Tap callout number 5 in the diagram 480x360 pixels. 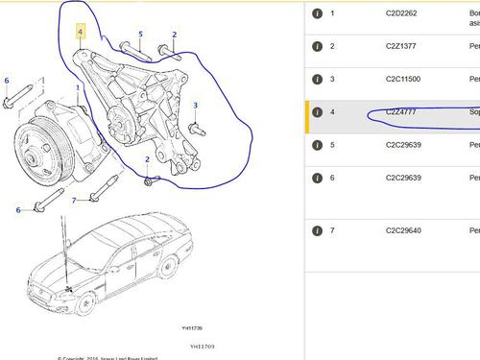pyautogui.click(x=139, y=35)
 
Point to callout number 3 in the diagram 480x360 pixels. pyautogui.click(x=195, y=105)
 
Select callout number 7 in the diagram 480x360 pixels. pyautogui.click(x=74, y=201)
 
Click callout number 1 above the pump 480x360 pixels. pyautogui.click(x=92, y=87)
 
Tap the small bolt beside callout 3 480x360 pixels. pyautogui.click(x=196, y=126)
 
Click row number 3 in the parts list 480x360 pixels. pyautogui.click(x=332, y=79)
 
